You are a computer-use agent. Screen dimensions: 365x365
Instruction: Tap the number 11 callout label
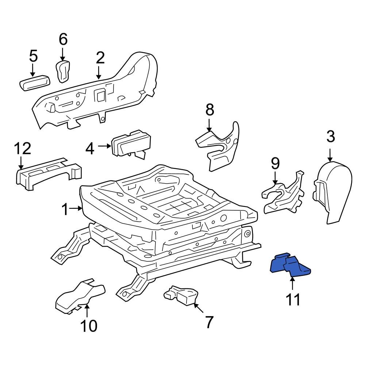(293, 299)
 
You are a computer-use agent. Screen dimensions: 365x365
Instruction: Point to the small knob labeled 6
(63, 70)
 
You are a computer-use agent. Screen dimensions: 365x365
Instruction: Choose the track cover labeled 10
(78, 296)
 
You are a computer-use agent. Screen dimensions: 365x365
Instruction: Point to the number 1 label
(65, 210)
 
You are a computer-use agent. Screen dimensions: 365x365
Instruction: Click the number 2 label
(100, 58)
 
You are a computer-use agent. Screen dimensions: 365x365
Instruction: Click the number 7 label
(208, 322)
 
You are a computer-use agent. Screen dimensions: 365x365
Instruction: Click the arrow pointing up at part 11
(292, 283)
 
